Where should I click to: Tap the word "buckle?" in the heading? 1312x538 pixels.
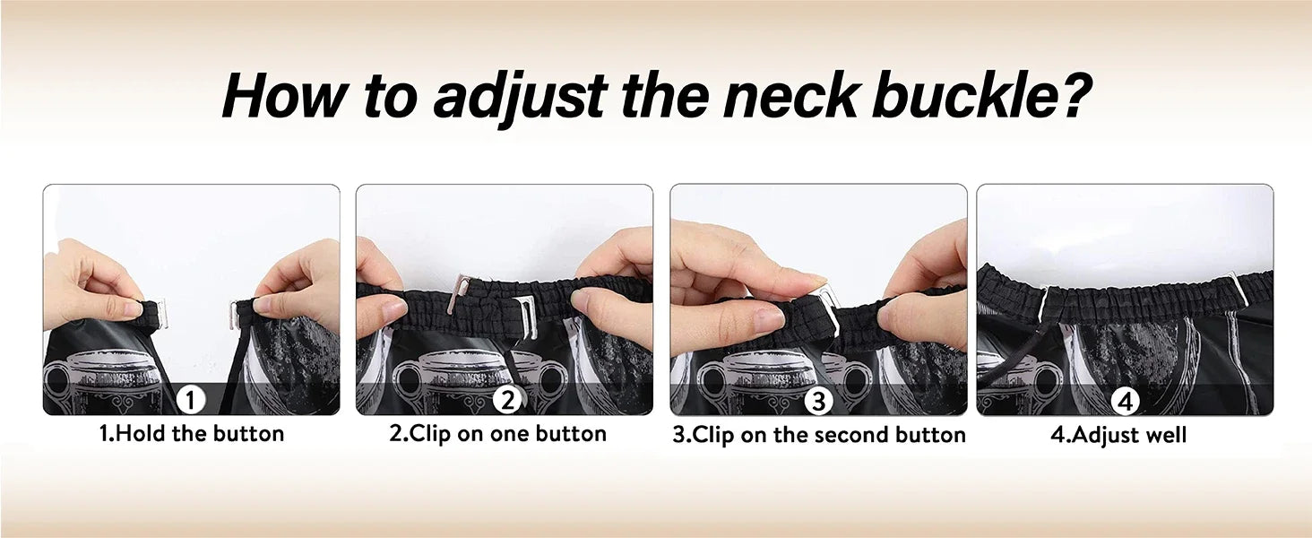(981, 94)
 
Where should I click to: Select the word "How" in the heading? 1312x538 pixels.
(285, 95)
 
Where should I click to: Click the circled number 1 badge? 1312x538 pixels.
(191, 401)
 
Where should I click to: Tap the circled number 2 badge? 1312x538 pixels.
(506, 400)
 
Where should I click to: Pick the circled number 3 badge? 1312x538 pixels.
(818, 402)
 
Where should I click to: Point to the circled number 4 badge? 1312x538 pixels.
(1125, 402)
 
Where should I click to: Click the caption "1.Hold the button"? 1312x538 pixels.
(192, 434)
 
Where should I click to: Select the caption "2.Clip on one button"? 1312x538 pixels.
(498, 434)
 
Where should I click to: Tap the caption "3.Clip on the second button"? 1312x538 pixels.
(819, 436)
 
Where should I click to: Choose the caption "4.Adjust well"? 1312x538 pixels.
(1118, 436)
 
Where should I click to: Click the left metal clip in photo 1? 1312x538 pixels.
(161, 314)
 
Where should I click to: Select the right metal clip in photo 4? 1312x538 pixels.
(1237, 291)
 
